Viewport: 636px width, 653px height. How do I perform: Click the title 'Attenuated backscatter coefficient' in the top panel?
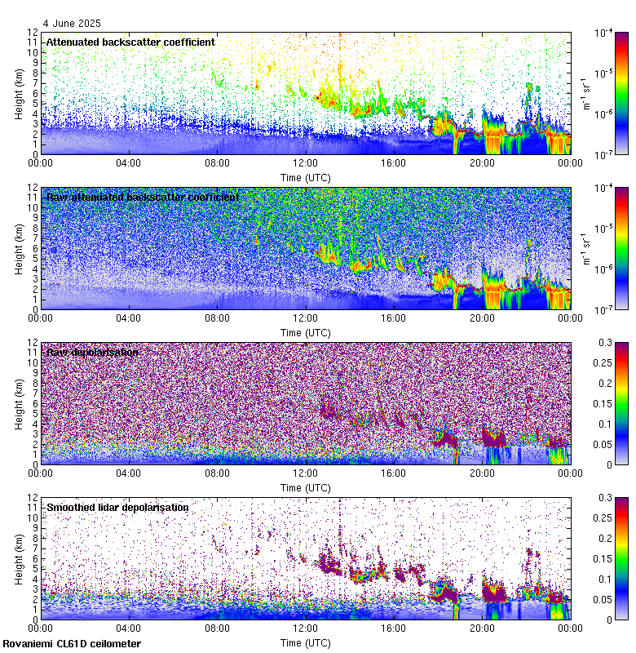click(x=130, y=42)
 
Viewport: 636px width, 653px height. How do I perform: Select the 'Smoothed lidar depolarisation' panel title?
click(x=117, y=508)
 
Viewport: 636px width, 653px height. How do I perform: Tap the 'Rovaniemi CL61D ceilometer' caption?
click(x=72, y=644)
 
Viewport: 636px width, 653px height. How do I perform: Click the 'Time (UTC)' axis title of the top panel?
click(x=305, y=177)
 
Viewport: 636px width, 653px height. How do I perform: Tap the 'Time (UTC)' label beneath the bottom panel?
click(x=305, y=643)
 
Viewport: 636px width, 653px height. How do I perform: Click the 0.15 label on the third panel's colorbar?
click(x=604, y=404)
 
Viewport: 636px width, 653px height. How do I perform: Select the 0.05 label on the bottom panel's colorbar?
click(x=604, y=599)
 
